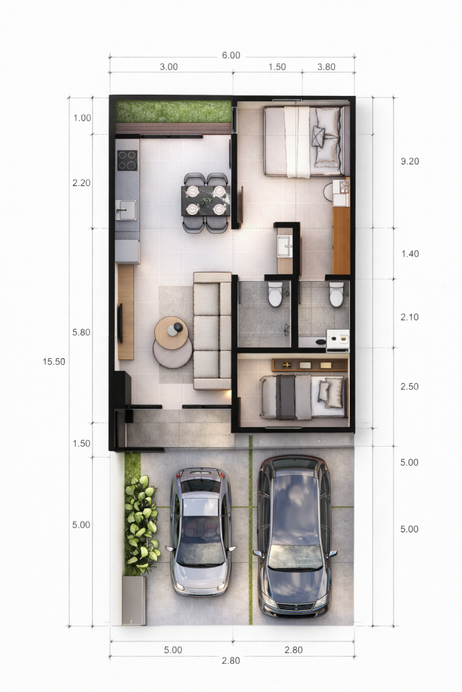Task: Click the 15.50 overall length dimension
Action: (54, 362)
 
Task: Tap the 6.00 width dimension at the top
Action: (231, 55)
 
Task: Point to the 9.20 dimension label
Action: (410, 161)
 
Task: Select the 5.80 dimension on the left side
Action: (81, 332)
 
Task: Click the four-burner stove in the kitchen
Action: (127, 160)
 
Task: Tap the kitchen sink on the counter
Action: (126, 209)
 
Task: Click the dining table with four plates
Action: (206, 201)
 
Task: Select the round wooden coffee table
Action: (171, 332)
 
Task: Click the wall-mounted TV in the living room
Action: (120, 323)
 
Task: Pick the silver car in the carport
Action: (200, 531)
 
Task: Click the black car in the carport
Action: (295, 536)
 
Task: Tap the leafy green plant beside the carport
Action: (141, 524)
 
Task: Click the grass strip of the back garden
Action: (174, 112)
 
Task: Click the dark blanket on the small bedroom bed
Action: (285, 397)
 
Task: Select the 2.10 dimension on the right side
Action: (409, 317)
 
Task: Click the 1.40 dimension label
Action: (410, 254)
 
